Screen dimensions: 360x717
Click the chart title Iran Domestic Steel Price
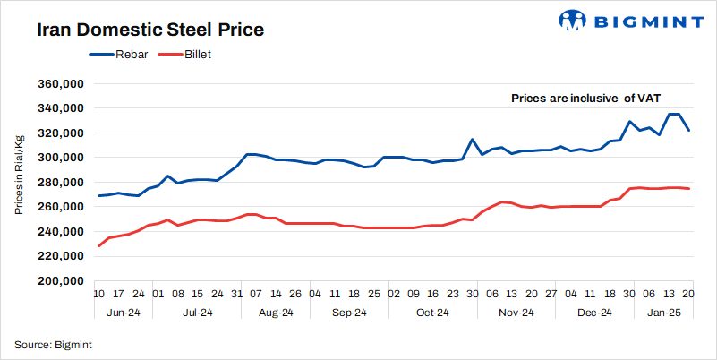click(x=149, y=30)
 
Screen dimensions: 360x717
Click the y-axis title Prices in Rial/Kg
click(x=19, y=174)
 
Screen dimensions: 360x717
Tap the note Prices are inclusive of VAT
click(x=585, y=99)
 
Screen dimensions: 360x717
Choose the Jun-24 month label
click(x=122, y=313)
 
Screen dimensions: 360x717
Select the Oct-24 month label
click(x=431, y=313)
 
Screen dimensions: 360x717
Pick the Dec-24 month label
click(x=593, y=313)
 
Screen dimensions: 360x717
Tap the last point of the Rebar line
click(x=687, y=131)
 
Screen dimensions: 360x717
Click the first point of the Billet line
click(x=98, y=245)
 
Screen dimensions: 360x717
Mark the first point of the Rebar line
click(x=98, y=195)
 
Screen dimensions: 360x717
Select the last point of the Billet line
click(x=687, y=188)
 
